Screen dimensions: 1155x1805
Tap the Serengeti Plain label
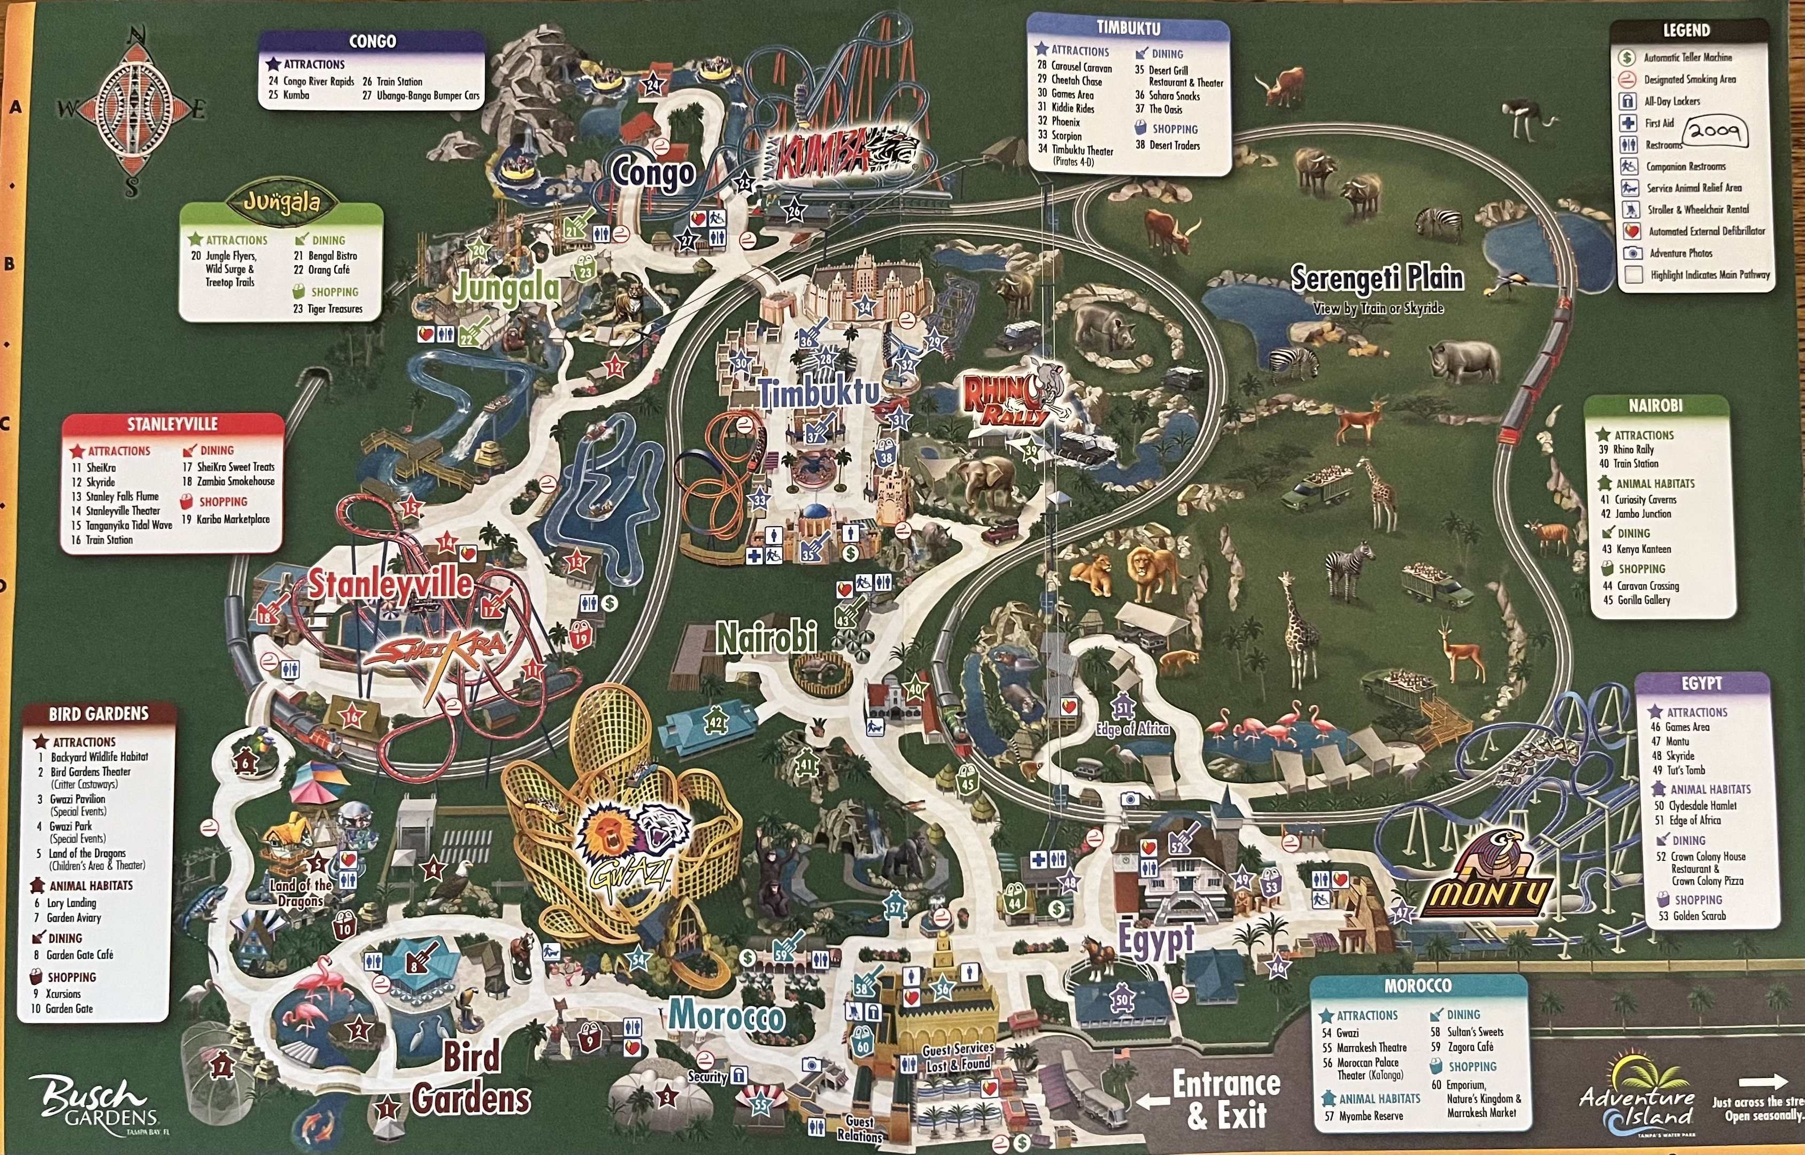(x=1377, y=278)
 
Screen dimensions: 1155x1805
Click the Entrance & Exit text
(x=1225, y=1099)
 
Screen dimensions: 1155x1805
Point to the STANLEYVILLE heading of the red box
(x=173, y=425)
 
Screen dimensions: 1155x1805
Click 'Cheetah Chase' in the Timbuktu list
(x=1076, y=80)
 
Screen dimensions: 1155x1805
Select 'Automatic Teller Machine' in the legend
(x=1687, y=58)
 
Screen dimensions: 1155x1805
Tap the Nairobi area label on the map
(x=766, y=638)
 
